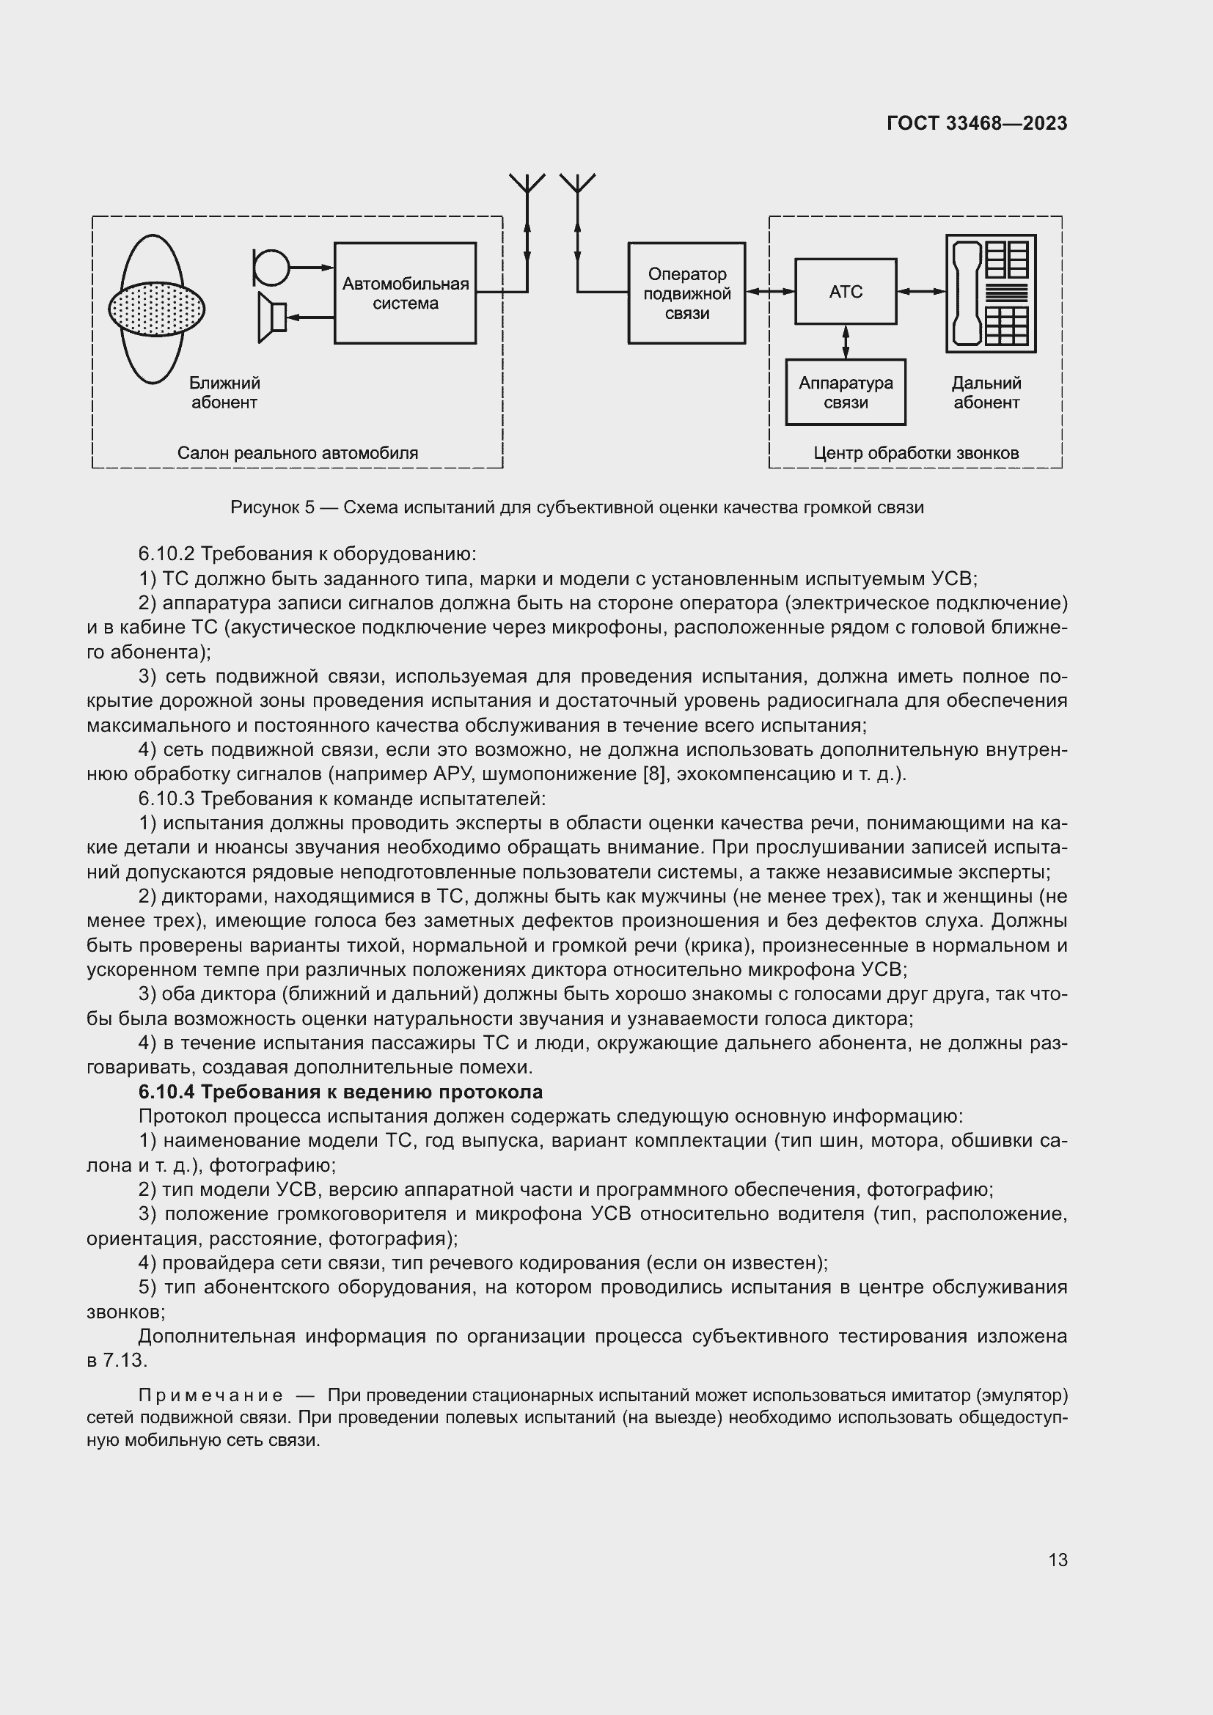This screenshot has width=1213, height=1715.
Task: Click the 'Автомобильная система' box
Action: tap(405, 293)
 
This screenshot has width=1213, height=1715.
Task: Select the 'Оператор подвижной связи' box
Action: tap(686, 293)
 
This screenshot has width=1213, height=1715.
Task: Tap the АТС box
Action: tap(846, 291)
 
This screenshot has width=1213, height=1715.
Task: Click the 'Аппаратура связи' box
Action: tap(846, 392)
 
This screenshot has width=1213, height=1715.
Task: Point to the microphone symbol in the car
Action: tap(271, 267)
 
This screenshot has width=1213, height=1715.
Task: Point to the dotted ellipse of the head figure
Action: tap(156, 308)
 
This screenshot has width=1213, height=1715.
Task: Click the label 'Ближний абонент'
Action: tap(224, 393)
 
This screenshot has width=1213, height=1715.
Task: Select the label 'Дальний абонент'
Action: tap(986, 393)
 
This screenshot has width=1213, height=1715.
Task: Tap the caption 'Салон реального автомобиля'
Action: tap(297, 452)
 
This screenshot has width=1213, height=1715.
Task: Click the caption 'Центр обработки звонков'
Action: tap(916, 452)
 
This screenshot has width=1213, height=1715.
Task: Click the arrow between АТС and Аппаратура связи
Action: tap(846, 342)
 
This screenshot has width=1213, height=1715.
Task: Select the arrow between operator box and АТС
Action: tap(770, 292)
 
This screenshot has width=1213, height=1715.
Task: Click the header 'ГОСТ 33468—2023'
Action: tap(977, 123)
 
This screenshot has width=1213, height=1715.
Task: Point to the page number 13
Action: tap(1058, 1560)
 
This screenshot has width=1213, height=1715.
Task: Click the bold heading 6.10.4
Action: tap(340, 1092)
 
